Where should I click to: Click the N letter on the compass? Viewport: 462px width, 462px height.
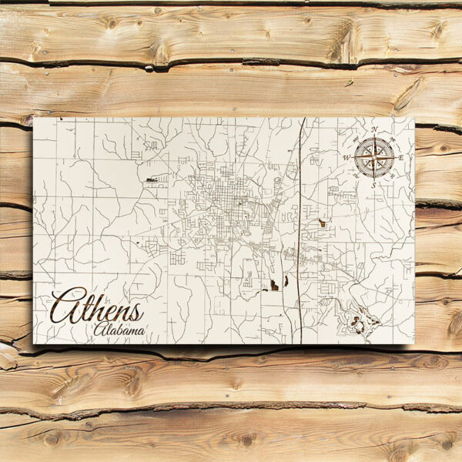tap(374, 129)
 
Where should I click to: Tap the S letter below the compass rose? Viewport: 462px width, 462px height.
tap(373, 184)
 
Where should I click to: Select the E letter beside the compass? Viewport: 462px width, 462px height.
tap(401, 156)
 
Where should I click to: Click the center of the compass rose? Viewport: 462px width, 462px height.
tap(374, 156)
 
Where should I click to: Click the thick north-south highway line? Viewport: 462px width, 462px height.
tap(300, 231)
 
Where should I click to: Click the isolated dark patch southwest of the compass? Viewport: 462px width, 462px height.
tap(322, 223)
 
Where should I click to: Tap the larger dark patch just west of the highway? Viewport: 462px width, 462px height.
tap(273, 286)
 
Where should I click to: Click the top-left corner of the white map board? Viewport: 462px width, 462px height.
tap(33, 118)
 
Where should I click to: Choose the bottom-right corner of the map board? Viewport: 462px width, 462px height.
tap(414, 343)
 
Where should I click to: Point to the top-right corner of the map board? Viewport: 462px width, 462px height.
tap(414, 118)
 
